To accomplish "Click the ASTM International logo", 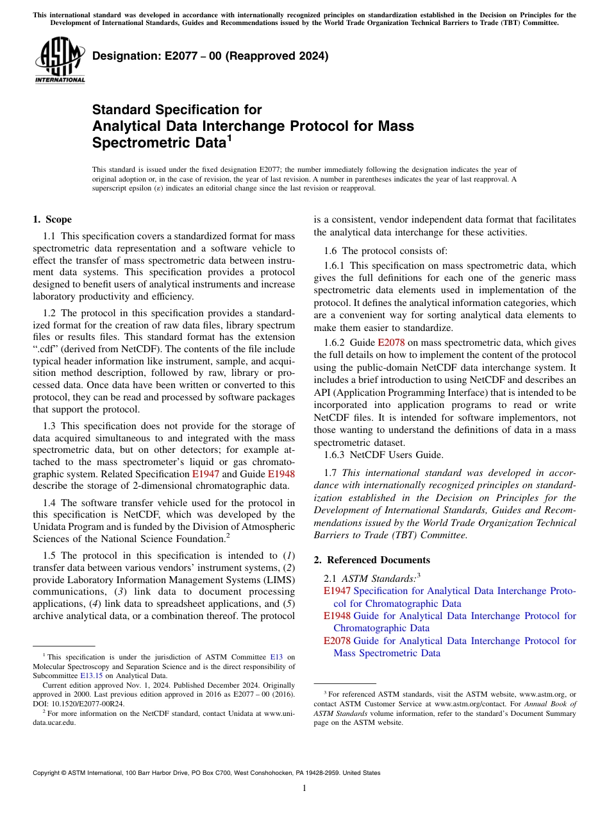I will coord(60,61).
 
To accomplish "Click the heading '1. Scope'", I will coord(52,219).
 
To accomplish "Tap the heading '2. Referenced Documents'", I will coord(372,560).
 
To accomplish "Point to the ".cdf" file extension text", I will coord(46,350).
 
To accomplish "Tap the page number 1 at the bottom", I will coord(304,788).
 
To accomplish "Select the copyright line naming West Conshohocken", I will coord(206,773).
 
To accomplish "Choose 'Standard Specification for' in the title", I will coord(177,110).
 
